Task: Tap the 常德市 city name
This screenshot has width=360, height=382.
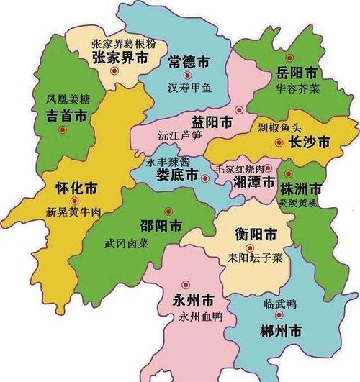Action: click(188, 60)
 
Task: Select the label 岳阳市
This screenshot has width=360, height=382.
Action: click(297, 73)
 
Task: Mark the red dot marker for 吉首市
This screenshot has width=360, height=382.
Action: click(62, 130)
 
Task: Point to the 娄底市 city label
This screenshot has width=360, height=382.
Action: click(178, 176)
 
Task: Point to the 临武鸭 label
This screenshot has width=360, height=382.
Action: click(282, 304)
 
